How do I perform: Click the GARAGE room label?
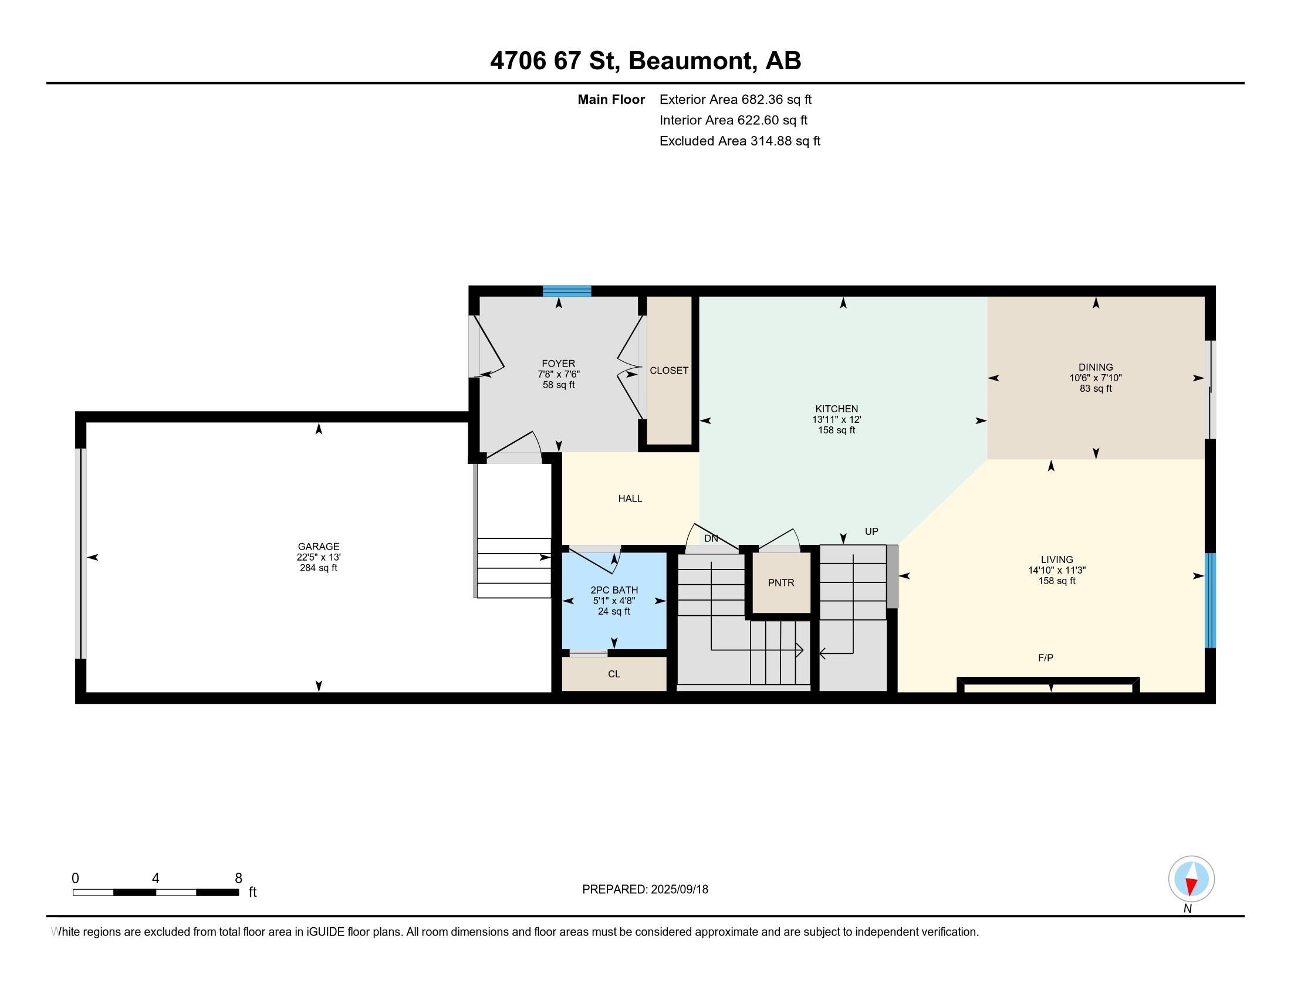pyautogui.click(x=319, y=547)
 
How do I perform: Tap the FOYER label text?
pyautogui.click(x=559, y=363)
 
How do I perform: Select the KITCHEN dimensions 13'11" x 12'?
pyautogui.click(x=836, y=419)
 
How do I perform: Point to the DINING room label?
pyautogui.click(x=1096, y=367)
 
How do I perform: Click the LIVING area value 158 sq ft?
pyautogui.click(x=1057, y=581)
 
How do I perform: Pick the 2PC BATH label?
pyautogui.click(x=614, y=590)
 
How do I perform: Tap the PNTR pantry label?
pyautogui.click(x=781, y=582)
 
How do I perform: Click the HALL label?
pyautogui.click(x=630, y=498)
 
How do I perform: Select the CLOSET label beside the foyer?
pyautogui.click(x=669, y=370)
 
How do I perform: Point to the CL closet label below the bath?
pyautogui.click(x=614, y=674)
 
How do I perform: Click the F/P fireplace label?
pyautogui.click(x=1046, y=657)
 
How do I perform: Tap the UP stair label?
pyautogui.click(x=871, y=531)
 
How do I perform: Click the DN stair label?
pyautogui.click(x=711, y=538)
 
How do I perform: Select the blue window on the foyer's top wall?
pyautogui.click(x=567, y=290)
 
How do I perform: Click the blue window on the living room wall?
pyautogui.click(x=1211, y=601)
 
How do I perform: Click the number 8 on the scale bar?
pyautogui.click(x=238, y=879)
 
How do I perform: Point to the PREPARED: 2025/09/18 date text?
pyautogui.click(x=645, y=889)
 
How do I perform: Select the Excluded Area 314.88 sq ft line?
pyautogui.click(x=740, y=141)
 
